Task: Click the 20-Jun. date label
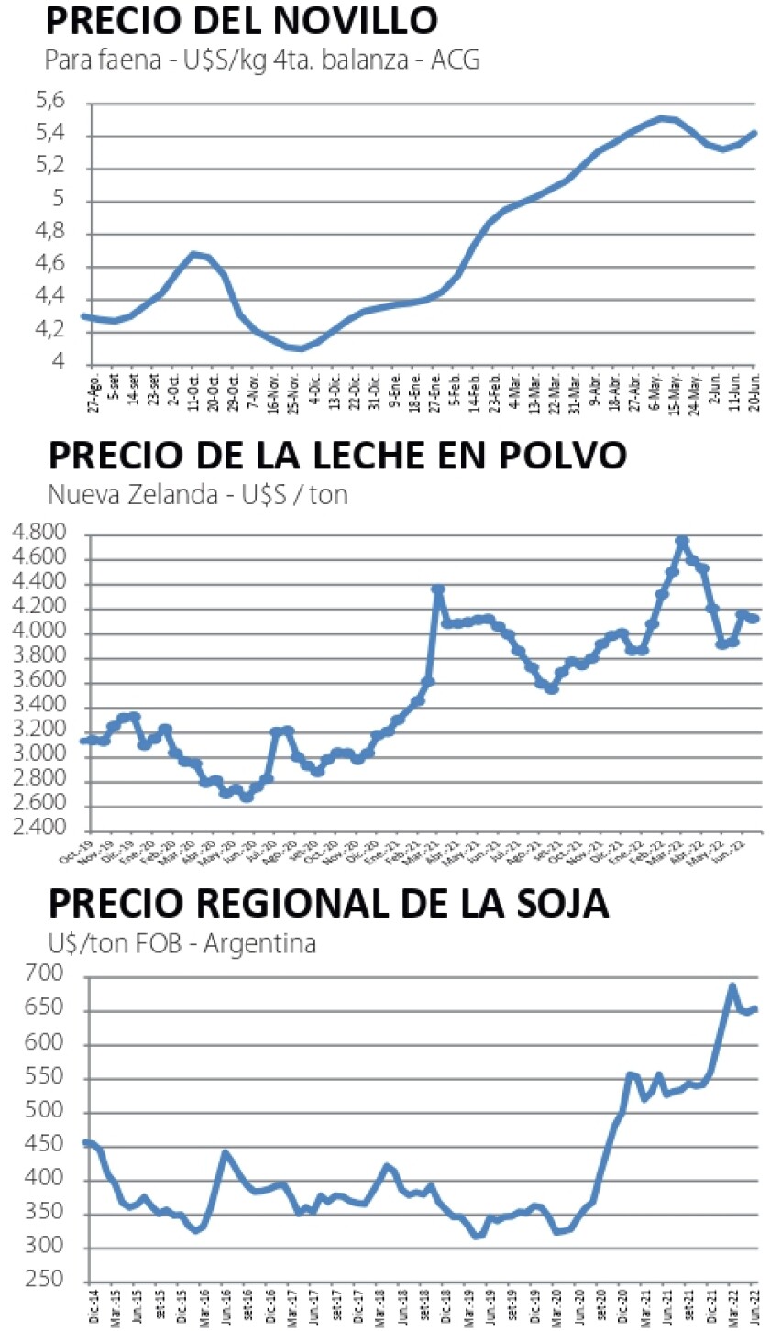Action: click(753, 393)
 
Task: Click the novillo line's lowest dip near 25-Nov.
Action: click(299, 348)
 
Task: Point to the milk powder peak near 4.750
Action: click(681, 541)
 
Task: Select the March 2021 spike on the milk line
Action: click(438, 589)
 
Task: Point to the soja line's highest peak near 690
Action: click(732, 986)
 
